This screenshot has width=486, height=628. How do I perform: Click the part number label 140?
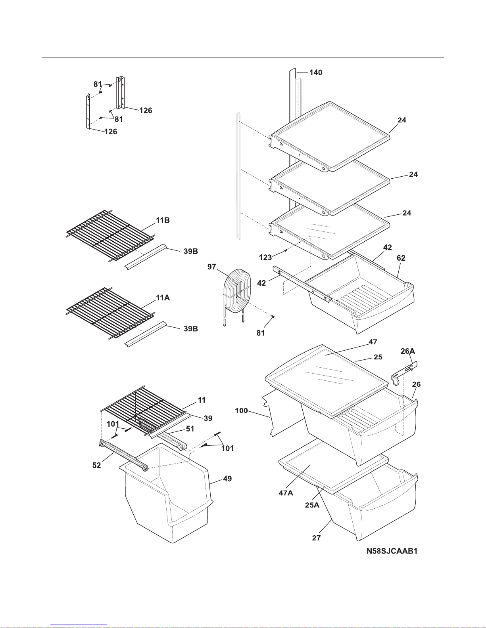coord(316,73)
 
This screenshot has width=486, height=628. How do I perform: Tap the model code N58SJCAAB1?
coord(392,551)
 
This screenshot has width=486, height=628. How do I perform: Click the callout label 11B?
coord(163,221)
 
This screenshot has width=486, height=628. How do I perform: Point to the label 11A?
coord(163,298)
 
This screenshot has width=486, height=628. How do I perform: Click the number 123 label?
coord(265,258)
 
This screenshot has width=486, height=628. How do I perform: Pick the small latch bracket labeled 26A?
coord(404,373)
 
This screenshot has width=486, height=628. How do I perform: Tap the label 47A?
coord(286,493)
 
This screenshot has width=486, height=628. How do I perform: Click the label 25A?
coord(312,505)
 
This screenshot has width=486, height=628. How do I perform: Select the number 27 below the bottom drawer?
coord(316,538)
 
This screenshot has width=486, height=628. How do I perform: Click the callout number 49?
coord(227,479)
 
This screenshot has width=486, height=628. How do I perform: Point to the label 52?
coord(97,465)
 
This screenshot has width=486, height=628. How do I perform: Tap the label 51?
coord(190,429)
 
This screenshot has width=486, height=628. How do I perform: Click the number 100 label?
coord(241,410)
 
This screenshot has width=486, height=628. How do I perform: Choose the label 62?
coord(401,258)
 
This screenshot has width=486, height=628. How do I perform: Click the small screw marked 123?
coord(286,250)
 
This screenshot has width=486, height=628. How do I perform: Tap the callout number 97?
coord(212,267)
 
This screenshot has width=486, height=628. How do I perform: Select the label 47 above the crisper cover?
coord(373,342)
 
